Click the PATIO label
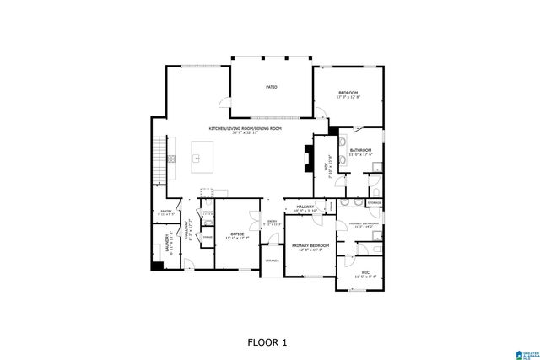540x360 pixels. coord(272,87)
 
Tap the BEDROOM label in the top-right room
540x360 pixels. coord(349,92)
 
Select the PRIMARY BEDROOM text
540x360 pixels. coord(308,245)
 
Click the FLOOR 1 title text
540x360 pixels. coord(267,342)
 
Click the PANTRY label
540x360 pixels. coord(166,212)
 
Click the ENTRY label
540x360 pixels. coord(269,221)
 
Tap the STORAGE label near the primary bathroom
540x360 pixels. coord(374,203)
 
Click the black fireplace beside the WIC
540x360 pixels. coord(306,158)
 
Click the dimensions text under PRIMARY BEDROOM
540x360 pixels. coord(308,250)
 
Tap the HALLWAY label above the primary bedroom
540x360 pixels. coord(305,206)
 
